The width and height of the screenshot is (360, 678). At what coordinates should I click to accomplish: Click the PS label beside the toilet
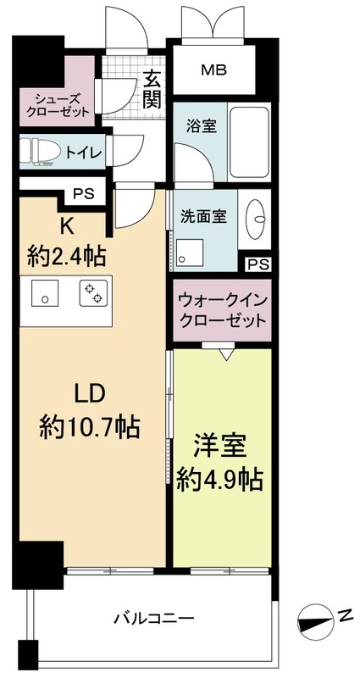pos(83,193)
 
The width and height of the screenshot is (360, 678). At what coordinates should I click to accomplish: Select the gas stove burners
pos(92,294)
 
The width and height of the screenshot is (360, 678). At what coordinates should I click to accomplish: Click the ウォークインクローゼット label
pos(222,310)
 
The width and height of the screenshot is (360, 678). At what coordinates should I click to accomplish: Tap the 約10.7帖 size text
pos(89,426)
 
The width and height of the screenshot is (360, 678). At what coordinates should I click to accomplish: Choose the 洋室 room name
pos(221,447)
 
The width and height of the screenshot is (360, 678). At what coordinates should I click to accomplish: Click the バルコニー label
pos(153,617)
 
